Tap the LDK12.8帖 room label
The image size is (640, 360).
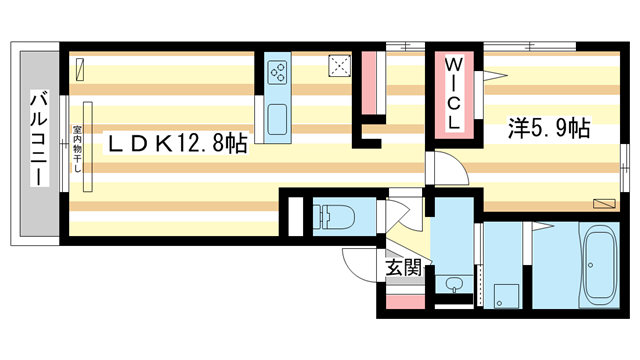pyautogui.click(x=177, y=143)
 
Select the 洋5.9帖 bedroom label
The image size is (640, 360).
pyautogui.click(x=548, y=127)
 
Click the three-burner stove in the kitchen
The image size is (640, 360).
pyautogui.click(x=277, y=73)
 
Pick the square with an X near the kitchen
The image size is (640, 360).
pyautogui.click(x=340, y=66)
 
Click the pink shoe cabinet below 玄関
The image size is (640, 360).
pyautogui.click(x=404, y=300)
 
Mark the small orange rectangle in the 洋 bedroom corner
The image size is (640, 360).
pyautogui.click(x=604, y=203)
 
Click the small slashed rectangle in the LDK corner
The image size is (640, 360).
pyautogui.click(x=79, y=69)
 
